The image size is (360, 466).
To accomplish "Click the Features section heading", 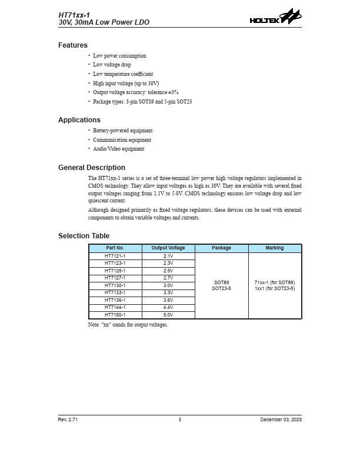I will [x=73, y=45].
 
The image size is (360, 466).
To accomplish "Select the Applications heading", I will [x=79, y=120].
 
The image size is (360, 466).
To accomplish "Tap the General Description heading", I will [x=92, y=168].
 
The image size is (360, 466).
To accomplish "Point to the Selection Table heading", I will [x=84, y=236].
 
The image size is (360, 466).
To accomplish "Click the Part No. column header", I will [x=115, y=248].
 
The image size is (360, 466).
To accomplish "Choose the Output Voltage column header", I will [x=168, y=248].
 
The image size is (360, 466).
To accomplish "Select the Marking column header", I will [x=275, y=248].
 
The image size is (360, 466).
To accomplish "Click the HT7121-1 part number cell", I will [x=115, y=257].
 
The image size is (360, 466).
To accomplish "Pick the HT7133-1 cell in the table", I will [x=115, y=292].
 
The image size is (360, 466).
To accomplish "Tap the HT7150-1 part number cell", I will [x=115, y=315].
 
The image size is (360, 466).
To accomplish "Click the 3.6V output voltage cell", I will [x=168, y=300].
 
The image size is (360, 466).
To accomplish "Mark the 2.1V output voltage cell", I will [x=168, y=257].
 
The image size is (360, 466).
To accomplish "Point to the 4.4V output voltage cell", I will [x=168, y=307].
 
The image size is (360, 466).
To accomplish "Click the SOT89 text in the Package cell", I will [x=222, y=282].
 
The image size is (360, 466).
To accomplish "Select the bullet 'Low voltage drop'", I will [x=112, y=65].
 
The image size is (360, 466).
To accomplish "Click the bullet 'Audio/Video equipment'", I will [x=118, y=149].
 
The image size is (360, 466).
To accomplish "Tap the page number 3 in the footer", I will [x=180, y=420].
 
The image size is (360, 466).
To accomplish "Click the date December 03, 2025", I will [x=281, y=420].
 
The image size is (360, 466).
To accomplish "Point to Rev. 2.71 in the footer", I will [x=68, y=420].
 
